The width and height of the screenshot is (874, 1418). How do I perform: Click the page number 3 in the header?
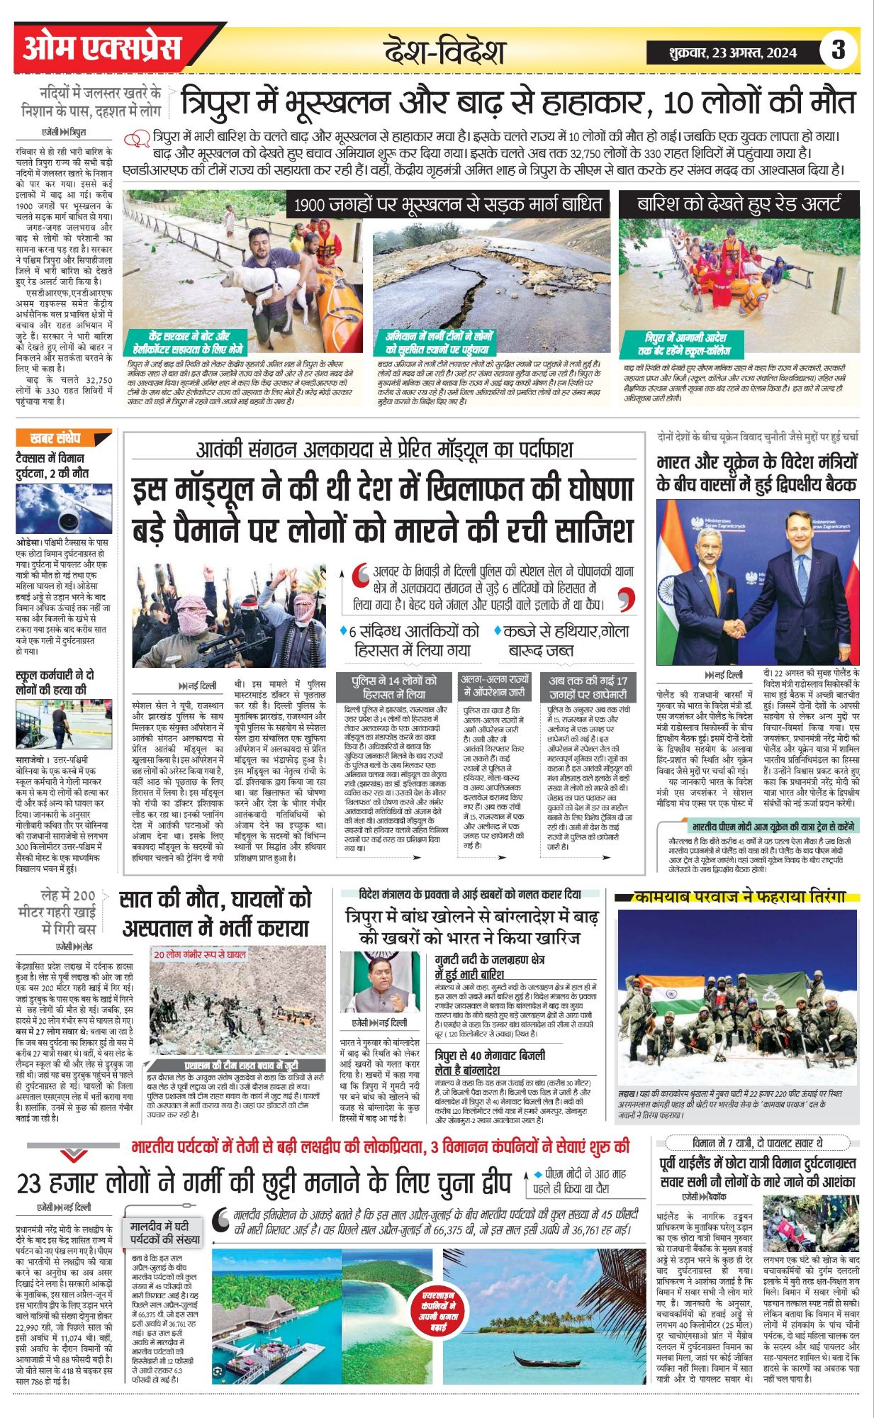(x=838, y=50)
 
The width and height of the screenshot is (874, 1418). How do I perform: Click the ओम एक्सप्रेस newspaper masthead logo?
(x=102, y=48)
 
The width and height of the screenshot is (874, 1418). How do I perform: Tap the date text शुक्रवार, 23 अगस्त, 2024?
(x=732, y=52)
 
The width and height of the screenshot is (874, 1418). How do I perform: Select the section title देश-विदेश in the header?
(x=444, y=52)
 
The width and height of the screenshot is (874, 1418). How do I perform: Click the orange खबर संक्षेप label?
(x=56, y=439)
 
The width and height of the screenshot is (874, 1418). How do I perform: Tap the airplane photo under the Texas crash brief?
(x=63, y=508)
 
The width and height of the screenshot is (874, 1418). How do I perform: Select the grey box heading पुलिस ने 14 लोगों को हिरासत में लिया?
(x=394, y=687)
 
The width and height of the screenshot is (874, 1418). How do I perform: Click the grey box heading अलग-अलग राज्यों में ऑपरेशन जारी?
(x=495, y=685)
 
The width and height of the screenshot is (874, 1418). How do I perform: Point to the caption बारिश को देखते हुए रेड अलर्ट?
(x=739, y=205)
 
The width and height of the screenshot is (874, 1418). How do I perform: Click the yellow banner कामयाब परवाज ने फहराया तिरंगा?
(x=739, y=898)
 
